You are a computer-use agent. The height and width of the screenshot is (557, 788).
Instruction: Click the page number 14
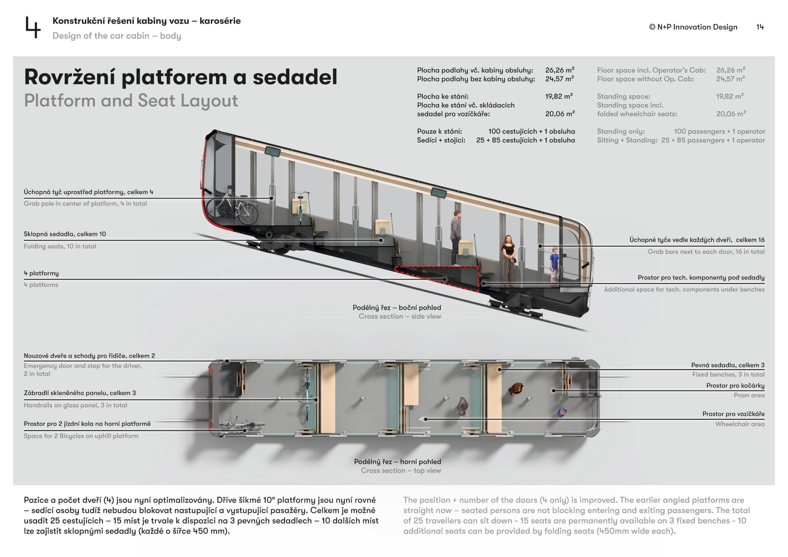pos(760,27)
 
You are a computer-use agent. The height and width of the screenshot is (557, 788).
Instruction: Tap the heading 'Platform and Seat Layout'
pos(131,100)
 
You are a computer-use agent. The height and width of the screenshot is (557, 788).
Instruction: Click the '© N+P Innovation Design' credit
pos(693,27)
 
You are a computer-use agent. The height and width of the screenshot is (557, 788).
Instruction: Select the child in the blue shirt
pos(554,267)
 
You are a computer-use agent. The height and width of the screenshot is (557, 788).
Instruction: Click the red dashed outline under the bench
pos(437,278)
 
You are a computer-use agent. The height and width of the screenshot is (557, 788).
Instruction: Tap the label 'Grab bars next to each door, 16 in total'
pos(706,251)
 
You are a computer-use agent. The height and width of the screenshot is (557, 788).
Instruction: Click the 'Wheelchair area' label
pos(739,424)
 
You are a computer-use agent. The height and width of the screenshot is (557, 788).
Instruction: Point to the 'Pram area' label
pos(749,395)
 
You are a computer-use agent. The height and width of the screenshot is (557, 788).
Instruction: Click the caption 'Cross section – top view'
pos(401,471)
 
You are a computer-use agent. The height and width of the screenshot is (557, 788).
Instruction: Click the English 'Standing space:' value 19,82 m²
pos(730,96)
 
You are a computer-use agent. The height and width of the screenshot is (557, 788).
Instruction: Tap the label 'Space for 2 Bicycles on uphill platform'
pos(81,436)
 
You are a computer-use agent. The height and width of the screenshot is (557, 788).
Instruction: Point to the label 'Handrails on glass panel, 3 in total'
pos(75,405)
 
